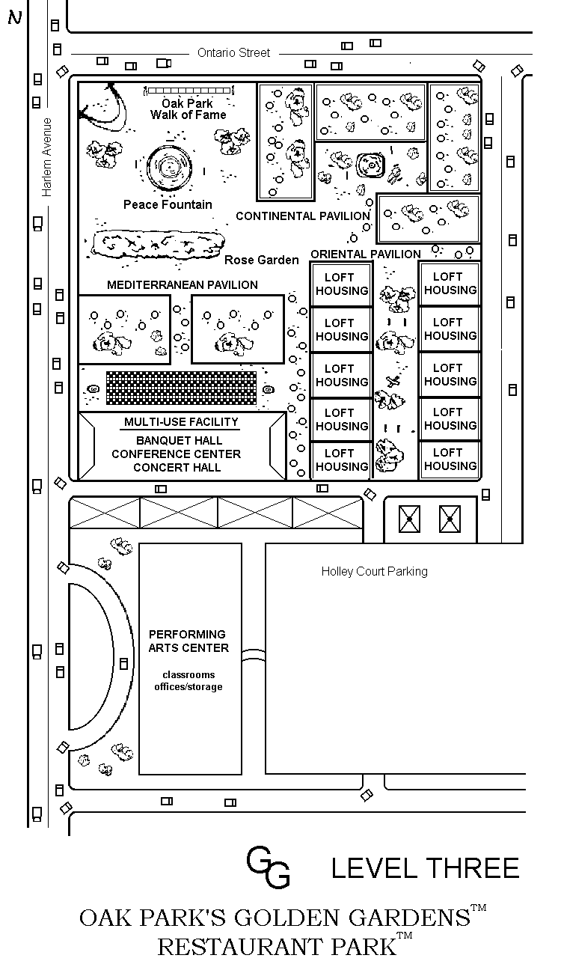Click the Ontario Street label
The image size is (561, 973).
point(233,52)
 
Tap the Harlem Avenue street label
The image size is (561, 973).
point(46,157)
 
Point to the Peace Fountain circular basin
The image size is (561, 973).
point(169,167)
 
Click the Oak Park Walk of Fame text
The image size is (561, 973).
point(188,109)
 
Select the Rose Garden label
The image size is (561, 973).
point(261,260)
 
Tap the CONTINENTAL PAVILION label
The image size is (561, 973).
point(303,216)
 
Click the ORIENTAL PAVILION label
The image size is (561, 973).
point(366,254)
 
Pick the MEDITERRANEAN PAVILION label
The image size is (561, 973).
point(183,285)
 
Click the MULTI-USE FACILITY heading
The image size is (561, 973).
point(181,422)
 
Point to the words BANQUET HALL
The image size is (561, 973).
point(179,440)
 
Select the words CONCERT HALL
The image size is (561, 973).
point(177,467)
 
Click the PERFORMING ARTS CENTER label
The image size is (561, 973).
point(188,641)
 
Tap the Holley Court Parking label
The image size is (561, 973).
point(374,571)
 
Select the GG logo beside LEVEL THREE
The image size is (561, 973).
point(268,867)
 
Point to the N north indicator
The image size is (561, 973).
point(15,17)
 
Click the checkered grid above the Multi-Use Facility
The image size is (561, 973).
point(182,388)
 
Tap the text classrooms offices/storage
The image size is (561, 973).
point(188,680)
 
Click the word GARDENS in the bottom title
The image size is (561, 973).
point(409,918)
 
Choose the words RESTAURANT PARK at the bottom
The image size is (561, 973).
point(277,947)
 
